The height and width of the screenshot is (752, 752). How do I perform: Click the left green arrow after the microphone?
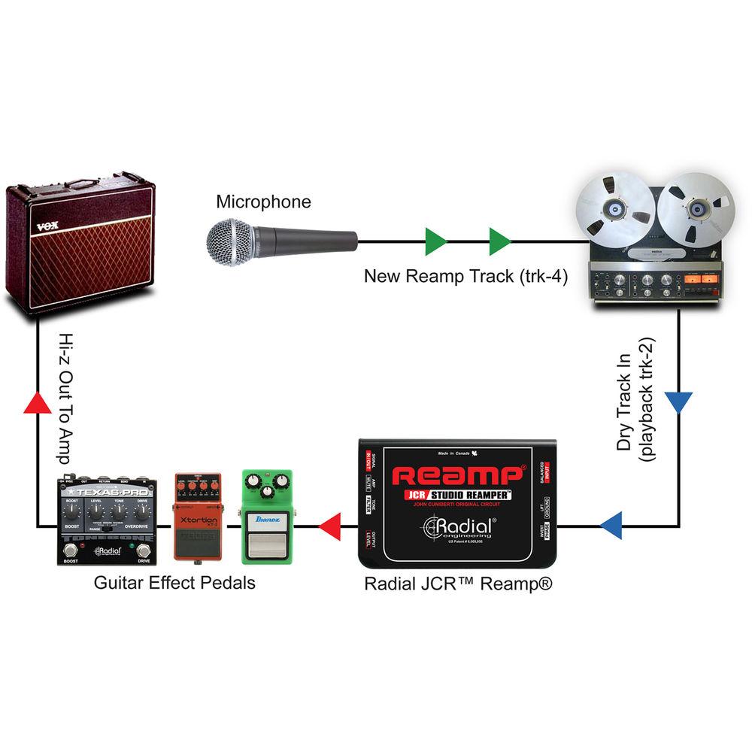pos(435,242)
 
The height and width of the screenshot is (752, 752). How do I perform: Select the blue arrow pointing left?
pos(611,526)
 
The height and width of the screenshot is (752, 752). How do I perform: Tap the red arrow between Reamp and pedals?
pos(329,526)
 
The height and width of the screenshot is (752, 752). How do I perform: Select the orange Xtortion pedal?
pos(198,517)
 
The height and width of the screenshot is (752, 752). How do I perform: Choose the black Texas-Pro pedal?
pos(106,520)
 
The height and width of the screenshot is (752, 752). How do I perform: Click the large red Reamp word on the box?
pos(458,475)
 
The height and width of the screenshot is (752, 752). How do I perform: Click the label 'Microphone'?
pos(263,202)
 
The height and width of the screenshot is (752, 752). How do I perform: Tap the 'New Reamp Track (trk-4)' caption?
pos(465,276)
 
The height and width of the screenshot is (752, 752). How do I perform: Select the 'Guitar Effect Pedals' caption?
pos(174,583)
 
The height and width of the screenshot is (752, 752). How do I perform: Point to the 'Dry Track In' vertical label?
pos(625,406)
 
